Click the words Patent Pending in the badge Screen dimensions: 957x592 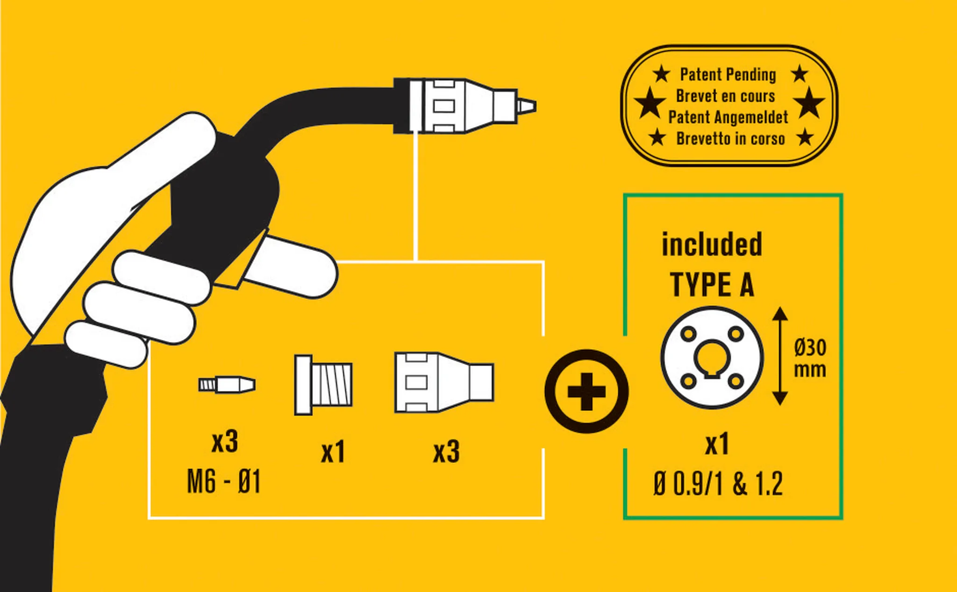[728, 75]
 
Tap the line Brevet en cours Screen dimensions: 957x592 [725, 96]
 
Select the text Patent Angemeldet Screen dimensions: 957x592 [728, 117]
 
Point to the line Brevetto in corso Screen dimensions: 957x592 [730, 139]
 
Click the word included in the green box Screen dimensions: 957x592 [712, 245]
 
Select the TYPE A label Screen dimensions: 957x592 [712, 285]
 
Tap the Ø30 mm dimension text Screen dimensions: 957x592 [810, 358]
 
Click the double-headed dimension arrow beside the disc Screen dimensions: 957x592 [780, 356]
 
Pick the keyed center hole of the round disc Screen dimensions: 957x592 [712, 359]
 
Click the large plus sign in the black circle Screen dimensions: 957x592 [586, 391]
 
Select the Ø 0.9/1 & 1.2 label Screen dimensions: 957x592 [718, 484]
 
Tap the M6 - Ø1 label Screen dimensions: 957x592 [223, 482]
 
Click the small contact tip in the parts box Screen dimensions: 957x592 [227, 385]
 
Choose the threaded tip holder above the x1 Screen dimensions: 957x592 [323, 385]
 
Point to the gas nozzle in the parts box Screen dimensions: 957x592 [444, 383]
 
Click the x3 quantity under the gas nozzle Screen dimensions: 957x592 [446, 452]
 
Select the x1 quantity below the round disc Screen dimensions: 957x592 [717, 444]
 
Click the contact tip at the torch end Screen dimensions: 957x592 [526, 106]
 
